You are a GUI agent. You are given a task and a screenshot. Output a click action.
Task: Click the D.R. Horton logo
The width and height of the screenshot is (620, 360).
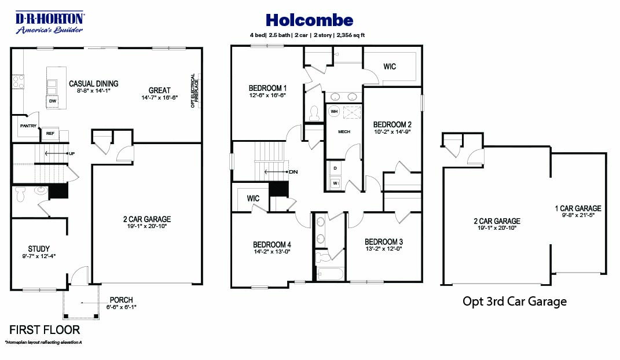(x=50, y=22)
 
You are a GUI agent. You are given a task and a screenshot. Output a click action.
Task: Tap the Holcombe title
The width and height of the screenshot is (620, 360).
(x=309, y=20)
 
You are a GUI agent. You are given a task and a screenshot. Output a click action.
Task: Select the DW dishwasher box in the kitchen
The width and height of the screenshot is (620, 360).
(x=52, y=101)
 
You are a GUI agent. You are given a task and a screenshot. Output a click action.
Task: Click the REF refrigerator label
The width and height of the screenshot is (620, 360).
(x=50, y=134)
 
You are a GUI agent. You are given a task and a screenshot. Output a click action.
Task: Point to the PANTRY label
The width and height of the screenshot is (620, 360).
(x=28, y=126)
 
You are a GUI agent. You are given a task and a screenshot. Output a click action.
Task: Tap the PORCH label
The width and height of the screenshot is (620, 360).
(x=121, y=300)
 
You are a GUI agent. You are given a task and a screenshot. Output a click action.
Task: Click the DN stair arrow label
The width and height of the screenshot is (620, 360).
(x=294, y=172)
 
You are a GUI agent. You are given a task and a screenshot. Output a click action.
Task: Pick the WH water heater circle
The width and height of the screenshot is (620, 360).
(x=334, y=111)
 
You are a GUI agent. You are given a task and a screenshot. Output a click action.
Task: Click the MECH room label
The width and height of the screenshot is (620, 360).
(x=344, y=131)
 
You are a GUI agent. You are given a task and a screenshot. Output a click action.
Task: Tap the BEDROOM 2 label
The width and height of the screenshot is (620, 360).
(x=392, y=124)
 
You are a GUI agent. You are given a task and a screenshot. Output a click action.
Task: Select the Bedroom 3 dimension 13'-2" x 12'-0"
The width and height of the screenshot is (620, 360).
(x=383, y=249)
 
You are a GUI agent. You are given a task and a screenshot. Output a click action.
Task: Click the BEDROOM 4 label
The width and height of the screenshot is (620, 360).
(x=272, y=244)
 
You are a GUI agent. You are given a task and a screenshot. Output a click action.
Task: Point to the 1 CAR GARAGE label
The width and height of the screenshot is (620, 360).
(x=577, y=208)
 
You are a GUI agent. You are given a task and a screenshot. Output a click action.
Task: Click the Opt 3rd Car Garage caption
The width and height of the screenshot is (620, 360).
(x=514, y=301)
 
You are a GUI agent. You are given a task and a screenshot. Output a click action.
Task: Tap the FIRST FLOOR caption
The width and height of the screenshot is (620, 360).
(x=45, y=330)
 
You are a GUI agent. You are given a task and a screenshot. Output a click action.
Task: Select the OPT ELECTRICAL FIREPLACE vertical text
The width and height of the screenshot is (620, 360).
(x=194, y=90)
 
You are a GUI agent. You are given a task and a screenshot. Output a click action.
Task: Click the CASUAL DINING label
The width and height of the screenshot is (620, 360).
(x=93, y=83)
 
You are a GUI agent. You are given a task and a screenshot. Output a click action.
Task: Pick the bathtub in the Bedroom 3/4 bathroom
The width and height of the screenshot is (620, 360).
(x=329, y=274)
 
